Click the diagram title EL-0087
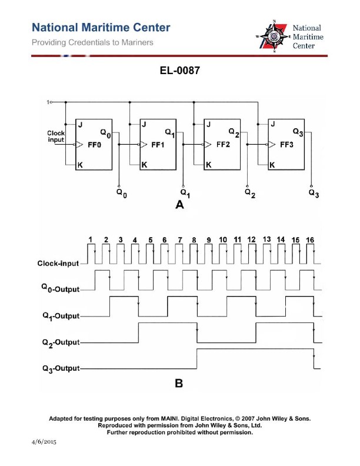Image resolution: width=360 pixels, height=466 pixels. tap(180, 71)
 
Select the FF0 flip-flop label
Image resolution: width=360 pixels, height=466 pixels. tap(95, 144)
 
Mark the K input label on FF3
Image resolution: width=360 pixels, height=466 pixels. tap(272, 165)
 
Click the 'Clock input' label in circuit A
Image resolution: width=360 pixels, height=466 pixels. tap(56, 137)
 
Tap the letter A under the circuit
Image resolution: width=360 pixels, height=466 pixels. tap(179, 205)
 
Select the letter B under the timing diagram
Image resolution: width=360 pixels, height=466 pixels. tap(179, 384)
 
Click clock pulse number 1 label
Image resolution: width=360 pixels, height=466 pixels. tap(91, 239)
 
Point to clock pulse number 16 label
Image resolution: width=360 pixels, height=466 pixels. tap(310, 240)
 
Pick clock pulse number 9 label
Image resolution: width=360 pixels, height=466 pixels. tap(208, 240)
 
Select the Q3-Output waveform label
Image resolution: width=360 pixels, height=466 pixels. tap(61, 368)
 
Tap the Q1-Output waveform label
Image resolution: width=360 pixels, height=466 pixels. tap(61, 315)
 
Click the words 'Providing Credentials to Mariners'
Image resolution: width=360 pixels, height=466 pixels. tap(92, 42)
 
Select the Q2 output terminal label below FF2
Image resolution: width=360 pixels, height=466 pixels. tap(251, 192)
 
